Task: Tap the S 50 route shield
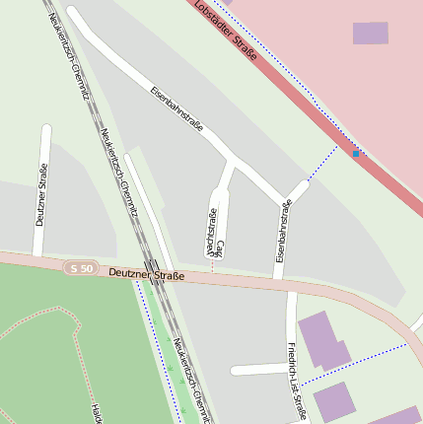(x=81, y=268)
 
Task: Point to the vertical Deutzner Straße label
(x=41, y=194)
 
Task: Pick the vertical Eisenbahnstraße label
(x=283, y=231)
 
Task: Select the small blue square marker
(x=356, y=153)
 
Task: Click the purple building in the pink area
(x=371, y=34)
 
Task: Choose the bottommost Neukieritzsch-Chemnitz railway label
(x=191, y=380)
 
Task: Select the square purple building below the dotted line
(x=333, y=401)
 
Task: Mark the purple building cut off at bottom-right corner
(x=399, y=416)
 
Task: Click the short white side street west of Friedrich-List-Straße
(x=259, y=370)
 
